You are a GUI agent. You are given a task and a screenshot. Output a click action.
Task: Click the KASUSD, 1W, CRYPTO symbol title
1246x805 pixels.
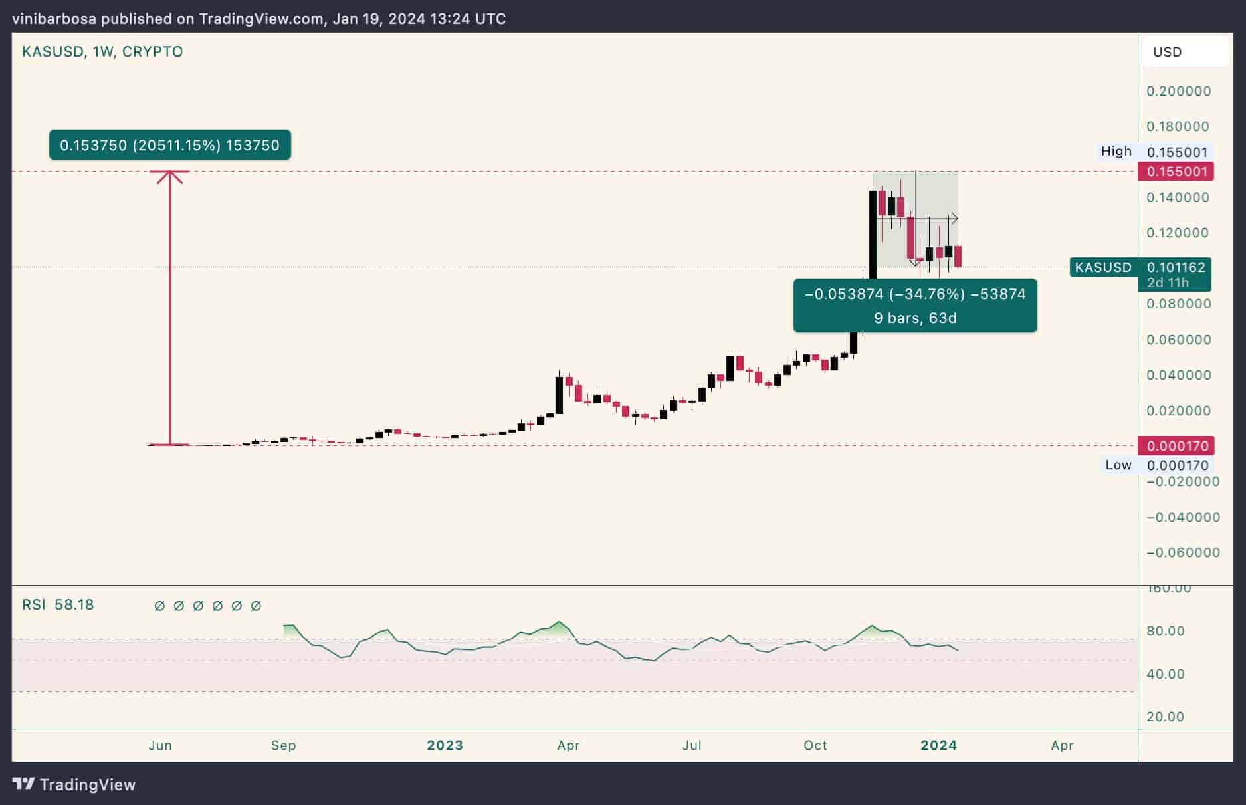102,52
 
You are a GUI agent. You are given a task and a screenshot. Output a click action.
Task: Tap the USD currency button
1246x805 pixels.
1168,52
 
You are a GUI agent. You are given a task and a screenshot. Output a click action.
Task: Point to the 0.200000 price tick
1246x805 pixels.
1178,91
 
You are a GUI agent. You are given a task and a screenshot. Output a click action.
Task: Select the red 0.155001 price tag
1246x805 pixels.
1176,172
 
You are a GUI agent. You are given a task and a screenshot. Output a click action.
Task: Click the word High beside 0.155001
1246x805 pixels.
1116,152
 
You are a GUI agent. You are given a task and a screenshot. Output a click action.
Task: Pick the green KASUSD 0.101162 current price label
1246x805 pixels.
1140,268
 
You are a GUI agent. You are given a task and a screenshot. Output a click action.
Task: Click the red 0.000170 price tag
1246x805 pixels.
1176,445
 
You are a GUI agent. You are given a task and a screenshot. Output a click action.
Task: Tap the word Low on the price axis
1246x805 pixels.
1118,465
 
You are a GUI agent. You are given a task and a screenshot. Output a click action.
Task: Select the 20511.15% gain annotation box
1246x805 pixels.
169,145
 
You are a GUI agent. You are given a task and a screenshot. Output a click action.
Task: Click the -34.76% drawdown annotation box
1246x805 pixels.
914,305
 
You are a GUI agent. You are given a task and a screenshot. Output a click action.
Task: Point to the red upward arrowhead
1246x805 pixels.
170,177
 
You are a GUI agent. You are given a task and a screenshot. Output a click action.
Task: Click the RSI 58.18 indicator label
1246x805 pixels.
58,605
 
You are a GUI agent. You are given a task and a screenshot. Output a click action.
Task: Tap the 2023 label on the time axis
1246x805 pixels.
445,745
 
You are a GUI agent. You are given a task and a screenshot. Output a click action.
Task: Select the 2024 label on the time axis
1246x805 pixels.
938,745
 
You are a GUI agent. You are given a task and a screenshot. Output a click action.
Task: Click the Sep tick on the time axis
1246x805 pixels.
283,745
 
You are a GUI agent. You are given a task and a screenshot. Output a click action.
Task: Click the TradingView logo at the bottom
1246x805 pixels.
74,784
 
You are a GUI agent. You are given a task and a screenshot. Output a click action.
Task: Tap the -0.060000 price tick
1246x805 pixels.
1182,552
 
